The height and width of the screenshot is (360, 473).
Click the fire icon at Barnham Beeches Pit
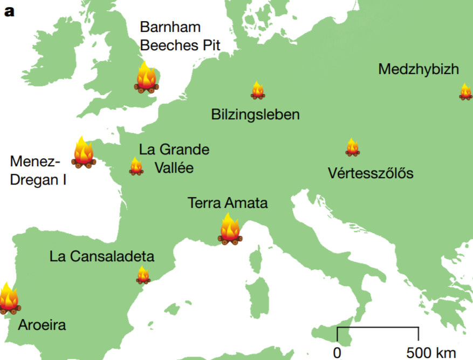click(146, 78)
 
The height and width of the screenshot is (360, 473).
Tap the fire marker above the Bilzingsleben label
click(258, 90)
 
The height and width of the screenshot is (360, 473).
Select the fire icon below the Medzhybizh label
click(465, 92)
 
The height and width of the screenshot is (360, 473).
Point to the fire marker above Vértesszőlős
click(352, 147)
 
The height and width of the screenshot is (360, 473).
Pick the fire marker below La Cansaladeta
click(143, 275)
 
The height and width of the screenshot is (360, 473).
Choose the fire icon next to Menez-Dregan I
click(83, 153)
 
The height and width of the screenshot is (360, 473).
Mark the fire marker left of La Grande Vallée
click(136, 167)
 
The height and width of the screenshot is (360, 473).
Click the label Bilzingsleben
click(255, 114)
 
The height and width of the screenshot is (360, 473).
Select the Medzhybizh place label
click(419, 69)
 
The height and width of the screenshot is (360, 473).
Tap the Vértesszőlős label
click(371, 173)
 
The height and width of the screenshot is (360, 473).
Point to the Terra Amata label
click(228, 203)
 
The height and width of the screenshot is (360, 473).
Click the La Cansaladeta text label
click(102, 256)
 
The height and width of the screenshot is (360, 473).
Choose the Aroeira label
click(42, 325)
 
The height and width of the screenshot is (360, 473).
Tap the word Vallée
click(174, 167)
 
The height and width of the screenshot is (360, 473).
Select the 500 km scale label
click(431, 354)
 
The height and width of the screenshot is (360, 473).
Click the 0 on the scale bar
click(337, 354)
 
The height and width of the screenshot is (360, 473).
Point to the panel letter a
click(10, 11)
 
